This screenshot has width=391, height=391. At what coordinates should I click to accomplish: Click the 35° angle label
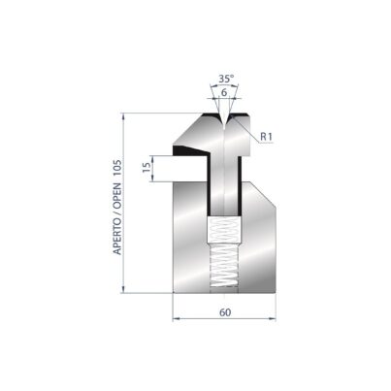tap(226, 79)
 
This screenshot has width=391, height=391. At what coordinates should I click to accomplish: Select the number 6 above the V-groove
tap(224, 92)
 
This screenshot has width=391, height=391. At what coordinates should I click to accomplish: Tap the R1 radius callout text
tap(267, 137)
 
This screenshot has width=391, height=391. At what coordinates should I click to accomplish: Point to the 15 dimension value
tap(147, 167)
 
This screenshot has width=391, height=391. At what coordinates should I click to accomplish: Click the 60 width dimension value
tap(225, 312)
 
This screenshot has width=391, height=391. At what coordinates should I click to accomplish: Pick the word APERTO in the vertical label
tap(117, 236)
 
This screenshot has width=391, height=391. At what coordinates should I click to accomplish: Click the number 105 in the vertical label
tap(117, 168)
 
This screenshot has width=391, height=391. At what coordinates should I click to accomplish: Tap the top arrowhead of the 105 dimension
tap(123, 116)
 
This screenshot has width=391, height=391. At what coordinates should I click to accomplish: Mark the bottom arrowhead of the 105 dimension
tap(123, 289)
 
